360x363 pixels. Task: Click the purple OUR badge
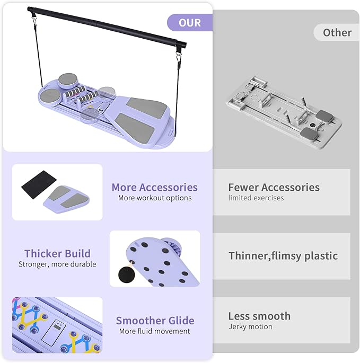pyautogui.click(x=190, y=23)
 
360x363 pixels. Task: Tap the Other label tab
pyautogui.click(x=337, y=32)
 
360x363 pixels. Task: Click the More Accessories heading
pyautogui.click(x=154, y=187)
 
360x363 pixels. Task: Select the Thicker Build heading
pyautogui.click(x=57, y=253)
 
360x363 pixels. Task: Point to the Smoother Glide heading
pyautogui.click(x=155, y=321)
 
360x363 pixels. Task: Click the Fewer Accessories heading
pyautogui.click(x=274, y=187)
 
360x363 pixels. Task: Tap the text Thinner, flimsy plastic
pyautogui.click(x=283, y=256)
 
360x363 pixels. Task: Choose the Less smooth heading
pyautogui.click(x=259, y=316)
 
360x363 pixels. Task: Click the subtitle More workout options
pyautogui.click(x=155, y=198)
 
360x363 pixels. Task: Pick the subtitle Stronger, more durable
pyautogui.click(x=57, y=264)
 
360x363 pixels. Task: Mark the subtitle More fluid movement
pyautogui.click(x=154, y=331)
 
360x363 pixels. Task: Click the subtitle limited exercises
pyautogui.click(x=256, y=198)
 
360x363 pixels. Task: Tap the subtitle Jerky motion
pyautogui.click(x=250, y=326)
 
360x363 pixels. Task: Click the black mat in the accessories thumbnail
pyautogui.click(x=39, y=184)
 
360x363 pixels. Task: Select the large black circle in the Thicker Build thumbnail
pyautogui.click(x=127, y=275)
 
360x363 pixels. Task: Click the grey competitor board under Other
pyautogui.click(x=284, y=112)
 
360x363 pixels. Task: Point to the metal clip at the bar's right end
pyautogui.click(x=178, y=57)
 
